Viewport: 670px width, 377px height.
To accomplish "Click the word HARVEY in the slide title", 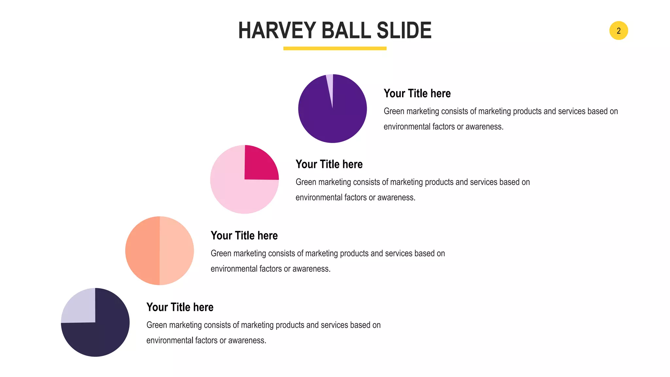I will click(x=277, y=30).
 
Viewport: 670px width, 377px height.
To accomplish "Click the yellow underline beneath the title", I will click(x=335, y=48).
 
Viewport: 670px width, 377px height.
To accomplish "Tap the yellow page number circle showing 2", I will click(x=618, y=30).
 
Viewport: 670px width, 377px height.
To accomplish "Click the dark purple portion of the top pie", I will click(x=332, y=121).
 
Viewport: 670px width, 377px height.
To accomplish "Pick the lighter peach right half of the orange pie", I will click(x=176, y=251).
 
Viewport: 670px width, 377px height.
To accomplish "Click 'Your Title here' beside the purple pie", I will click(x=417, y=94).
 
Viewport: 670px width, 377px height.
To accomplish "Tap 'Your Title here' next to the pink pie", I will click(x=329, y=164).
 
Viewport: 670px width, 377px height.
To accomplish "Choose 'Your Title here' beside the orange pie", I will click(x=244, y=236).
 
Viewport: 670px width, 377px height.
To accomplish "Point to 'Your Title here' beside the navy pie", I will click(x=180, y=307).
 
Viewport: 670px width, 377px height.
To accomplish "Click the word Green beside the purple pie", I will click(x=394, y=111).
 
